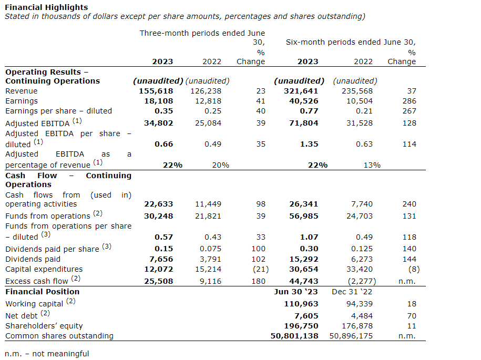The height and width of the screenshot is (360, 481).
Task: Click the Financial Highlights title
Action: (x=46, y=7)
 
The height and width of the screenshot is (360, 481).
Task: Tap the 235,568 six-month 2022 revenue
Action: (x=356, y=91)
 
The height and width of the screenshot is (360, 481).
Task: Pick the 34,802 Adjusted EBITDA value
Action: (x=158, y=123)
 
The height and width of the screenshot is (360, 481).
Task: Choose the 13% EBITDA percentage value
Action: (x=372, y=165)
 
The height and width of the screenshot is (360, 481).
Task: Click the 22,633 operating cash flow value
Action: (x=158, y=204)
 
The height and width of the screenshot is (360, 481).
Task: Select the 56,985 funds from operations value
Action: (x=304, y=215)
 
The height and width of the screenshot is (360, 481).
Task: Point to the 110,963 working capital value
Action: (x=301, y=304)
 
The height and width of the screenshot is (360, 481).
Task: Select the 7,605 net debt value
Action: (x=306, y=316)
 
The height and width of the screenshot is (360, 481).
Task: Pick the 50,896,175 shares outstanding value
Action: (x=351, y=336)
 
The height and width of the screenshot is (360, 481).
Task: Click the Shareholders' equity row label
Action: (x=44, y=326)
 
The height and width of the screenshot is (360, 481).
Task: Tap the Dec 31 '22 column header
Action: (x=352, y=292)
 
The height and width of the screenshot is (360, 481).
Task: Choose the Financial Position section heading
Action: (x=42, y=292)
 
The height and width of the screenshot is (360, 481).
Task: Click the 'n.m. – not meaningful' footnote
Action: (x=47, y=354)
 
